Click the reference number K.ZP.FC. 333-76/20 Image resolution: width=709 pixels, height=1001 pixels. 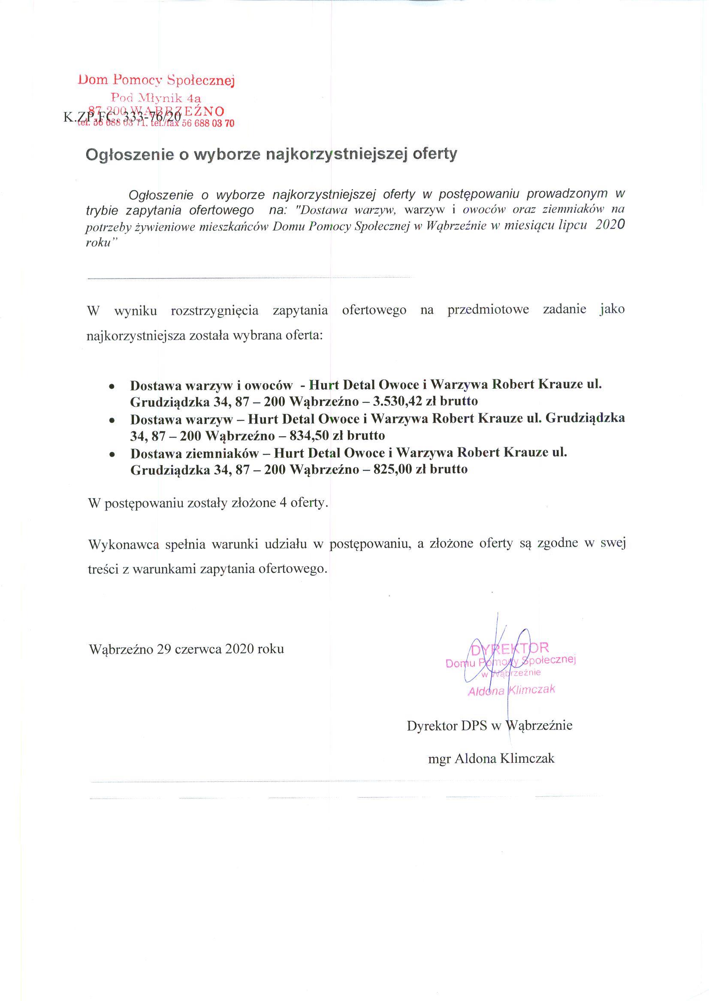pos(122,117)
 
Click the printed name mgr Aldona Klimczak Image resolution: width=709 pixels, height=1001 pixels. pos(491,759)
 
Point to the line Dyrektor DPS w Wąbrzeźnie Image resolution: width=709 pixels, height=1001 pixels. pos(489,726)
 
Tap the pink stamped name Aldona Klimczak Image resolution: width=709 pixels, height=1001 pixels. pos(511,690)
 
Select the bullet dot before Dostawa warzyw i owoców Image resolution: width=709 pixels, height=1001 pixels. pos(112,387)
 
